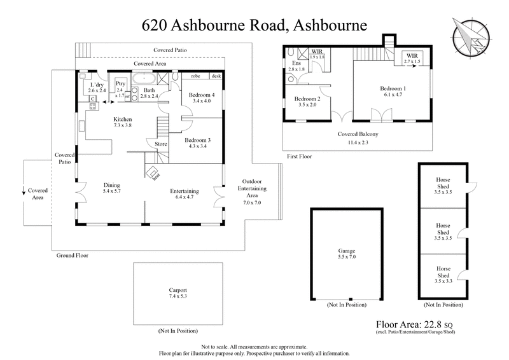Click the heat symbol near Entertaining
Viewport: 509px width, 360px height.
153,172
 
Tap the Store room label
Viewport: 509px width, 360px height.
161,144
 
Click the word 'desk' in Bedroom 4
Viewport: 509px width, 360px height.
216,76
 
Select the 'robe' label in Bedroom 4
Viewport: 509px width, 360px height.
195,76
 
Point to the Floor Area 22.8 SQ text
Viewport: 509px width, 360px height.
415,323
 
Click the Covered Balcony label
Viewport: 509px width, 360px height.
356,135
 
